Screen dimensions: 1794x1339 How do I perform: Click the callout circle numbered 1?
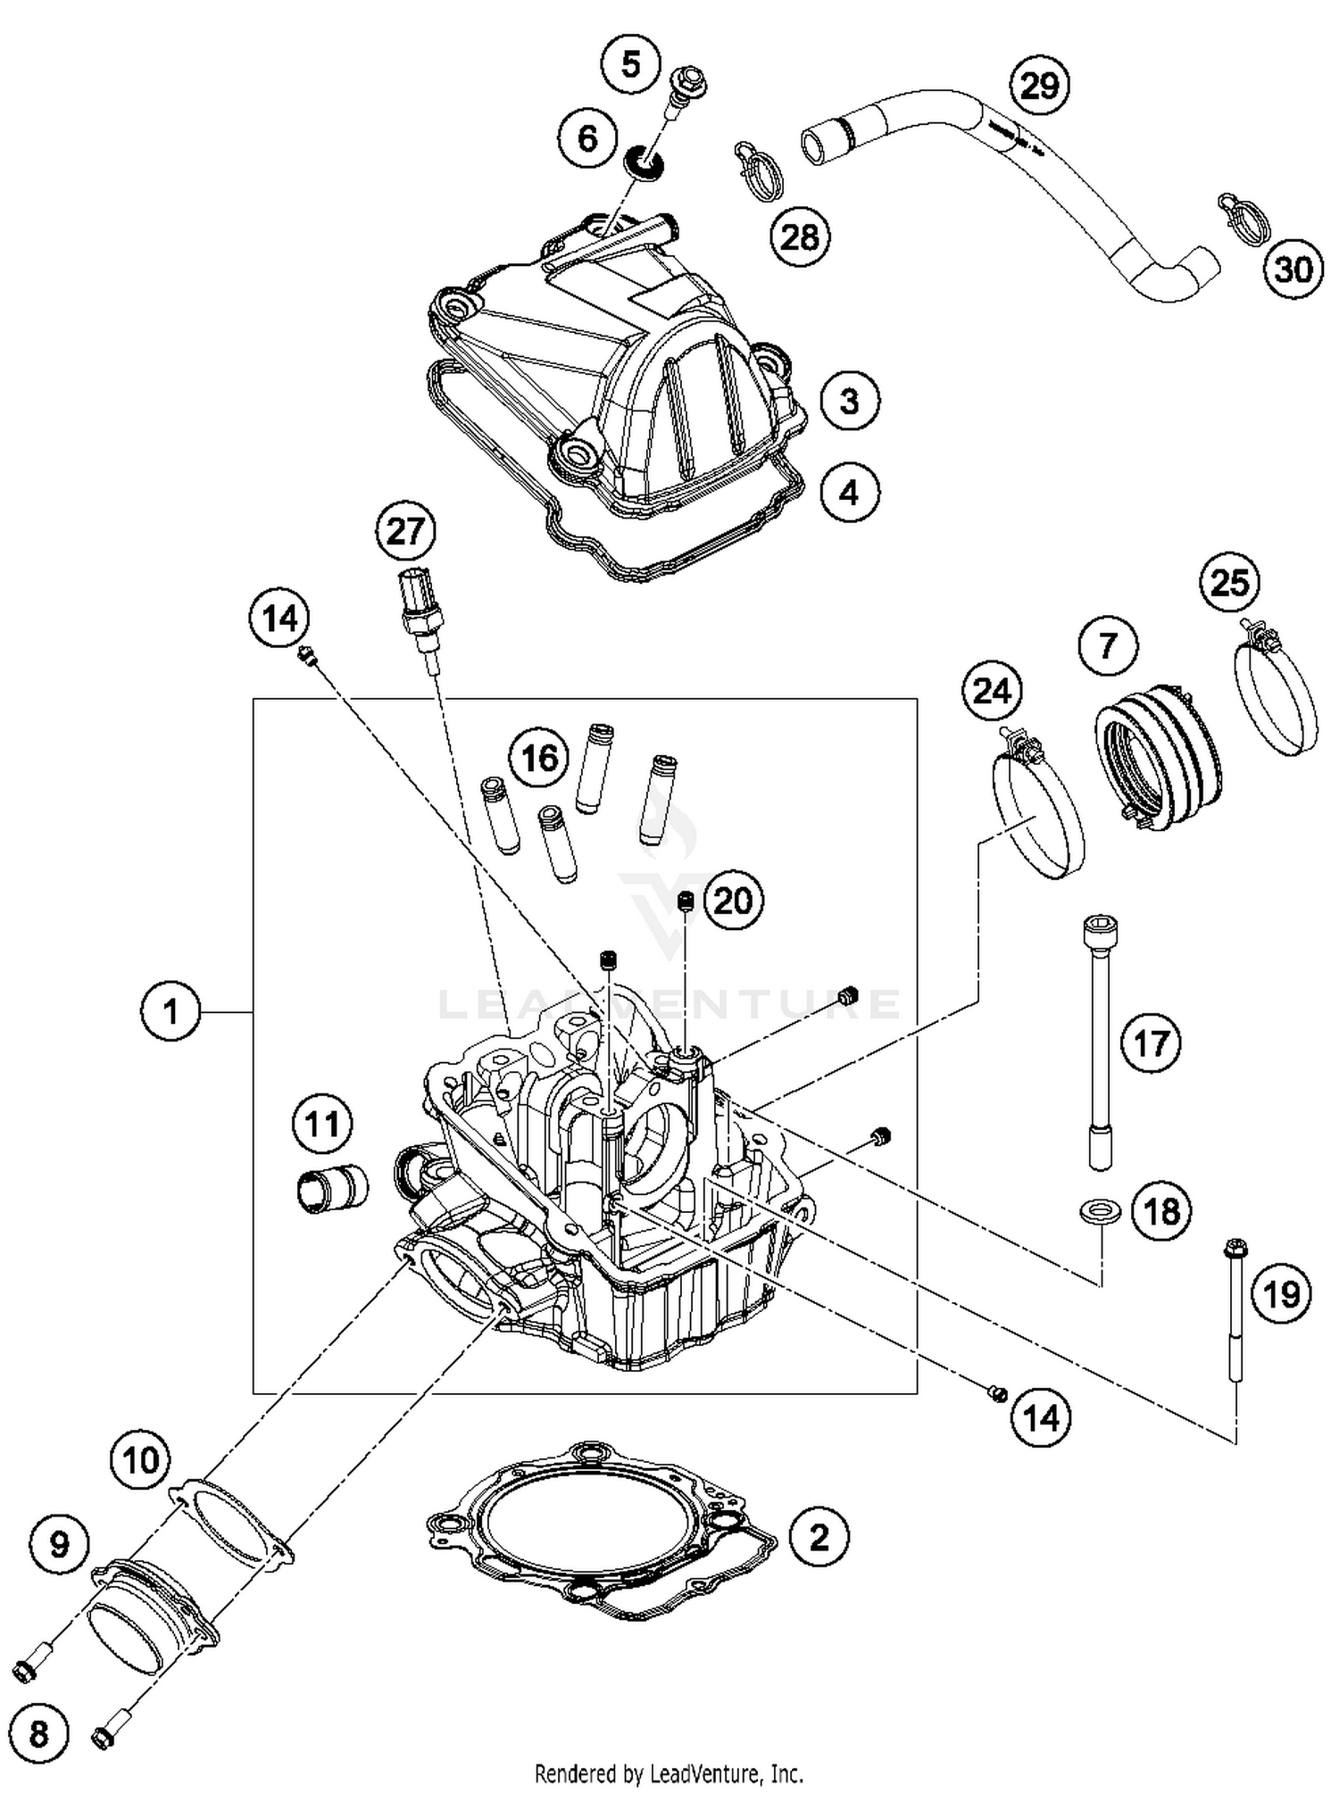click(x=170, y=1012)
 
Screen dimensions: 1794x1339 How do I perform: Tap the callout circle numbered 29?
click(x=1039, y=87)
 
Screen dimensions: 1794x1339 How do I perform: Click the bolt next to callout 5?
click(x=685, y=89)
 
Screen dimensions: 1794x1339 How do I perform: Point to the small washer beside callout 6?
click(x=645, y=162)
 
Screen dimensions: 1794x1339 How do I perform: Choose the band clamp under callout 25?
click(x=1275, y=694)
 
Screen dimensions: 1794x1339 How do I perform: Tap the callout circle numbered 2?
click(x=819, y=1537)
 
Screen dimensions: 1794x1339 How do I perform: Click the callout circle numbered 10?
click(x=141, y=1461)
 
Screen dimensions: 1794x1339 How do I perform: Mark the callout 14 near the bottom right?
click(x=1041, y=1417)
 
